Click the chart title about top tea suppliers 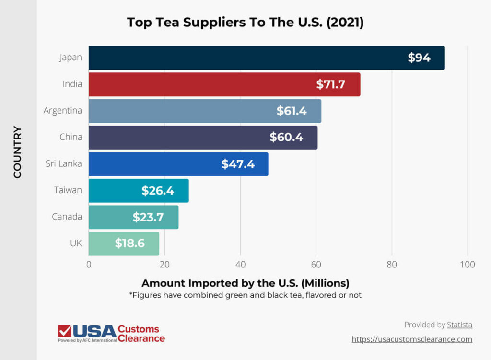click(x=245, y=23)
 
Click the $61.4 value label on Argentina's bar click(x=292, y=111)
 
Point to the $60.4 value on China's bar click(x=286, y=138)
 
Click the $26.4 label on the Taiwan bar click(x=158, y=191)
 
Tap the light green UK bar click(x=124, y=244)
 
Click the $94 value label click(x=419, y=58)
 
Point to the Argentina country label click(x=63, y=111)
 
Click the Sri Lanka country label click(x=64, y=163)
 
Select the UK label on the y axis click(x=76, y=243)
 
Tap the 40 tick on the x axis click(x=240, y=265)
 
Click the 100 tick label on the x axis click(x=467, y=265)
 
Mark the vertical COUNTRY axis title click(x=18, y=152)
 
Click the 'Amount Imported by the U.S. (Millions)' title click(x=245, y=282)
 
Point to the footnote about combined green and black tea click(x=245, y=295)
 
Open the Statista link click(x=459, y=325)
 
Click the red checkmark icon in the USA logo click(x=64, y=331)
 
